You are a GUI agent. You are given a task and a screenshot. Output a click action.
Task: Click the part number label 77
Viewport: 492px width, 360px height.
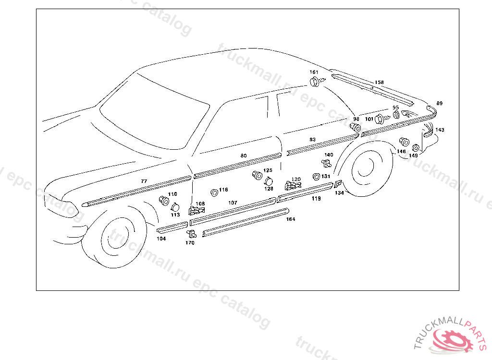144,181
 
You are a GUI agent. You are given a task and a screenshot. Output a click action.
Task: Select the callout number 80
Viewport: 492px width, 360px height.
244,156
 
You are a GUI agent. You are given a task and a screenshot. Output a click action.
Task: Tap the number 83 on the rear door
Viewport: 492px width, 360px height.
312,139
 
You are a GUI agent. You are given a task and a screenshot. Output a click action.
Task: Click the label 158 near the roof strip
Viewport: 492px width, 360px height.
379,82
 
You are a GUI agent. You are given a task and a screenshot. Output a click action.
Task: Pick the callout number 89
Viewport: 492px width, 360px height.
439,103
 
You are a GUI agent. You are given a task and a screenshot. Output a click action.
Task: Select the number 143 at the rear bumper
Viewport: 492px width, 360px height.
440,130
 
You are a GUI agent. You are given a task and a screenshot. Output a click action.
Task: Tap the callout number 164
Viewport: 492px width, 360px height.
291,219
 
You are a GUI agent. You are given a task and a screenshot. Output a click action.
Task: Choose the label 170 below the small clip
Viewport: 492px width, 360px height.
190,243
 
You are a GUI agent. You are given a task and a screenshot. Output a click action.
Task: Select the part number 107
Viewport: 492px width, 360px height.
233,203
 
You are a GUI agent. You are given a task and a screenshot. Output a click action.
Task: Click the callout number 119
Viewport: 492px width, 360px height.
316,198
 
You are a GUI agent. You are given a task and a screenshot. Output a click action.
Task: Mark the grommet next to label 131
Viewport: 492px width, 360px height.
316,177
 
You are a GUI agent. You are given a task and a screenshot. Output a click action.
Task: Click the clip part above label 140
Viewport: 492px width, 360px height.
326,164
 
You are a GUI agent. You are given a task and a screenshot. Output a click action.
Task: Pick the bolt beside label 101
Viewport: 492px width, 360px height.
381,118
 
